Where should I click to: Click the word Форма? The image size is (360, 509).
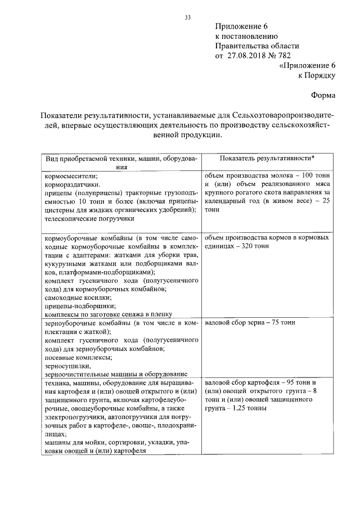pyautogui.click(x=324, y=96)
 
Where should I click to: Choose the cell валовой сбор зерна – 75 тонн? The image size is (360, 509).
pyautogui.click(x=251, y=323)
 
